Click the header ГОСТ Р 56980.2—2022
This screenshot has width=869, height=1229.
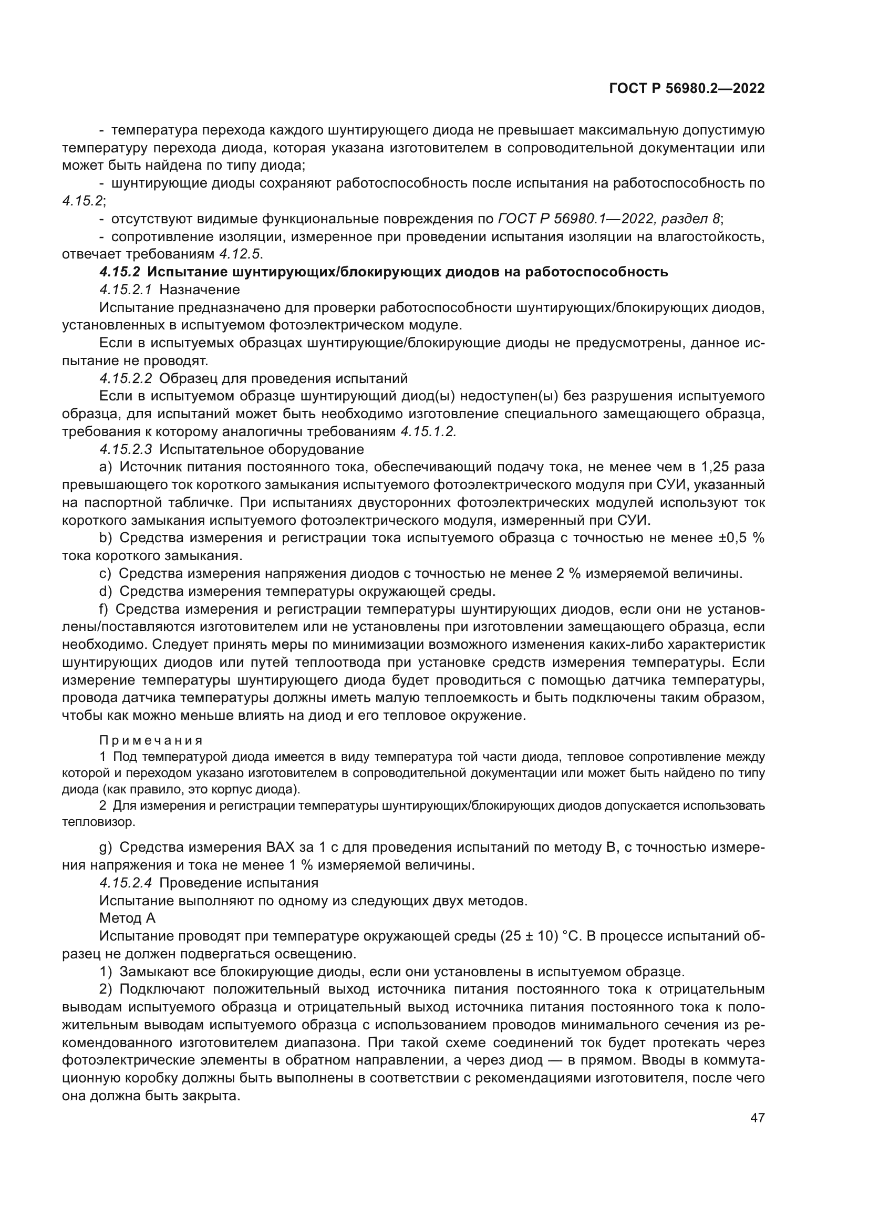(687, 89)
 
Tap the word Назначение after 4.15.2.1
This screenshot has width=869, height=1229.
(200, 290)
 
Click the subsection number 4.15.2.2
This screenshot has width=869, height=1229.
(126, 378)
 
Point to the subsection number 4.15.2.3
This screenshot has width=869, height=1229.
(126, 449)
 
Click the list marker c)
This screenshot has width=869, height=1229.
(106, 573)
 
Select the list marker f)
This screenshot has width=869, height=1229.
(104, 609)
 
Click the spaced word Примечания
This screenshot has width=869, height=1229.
(151, 740)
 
